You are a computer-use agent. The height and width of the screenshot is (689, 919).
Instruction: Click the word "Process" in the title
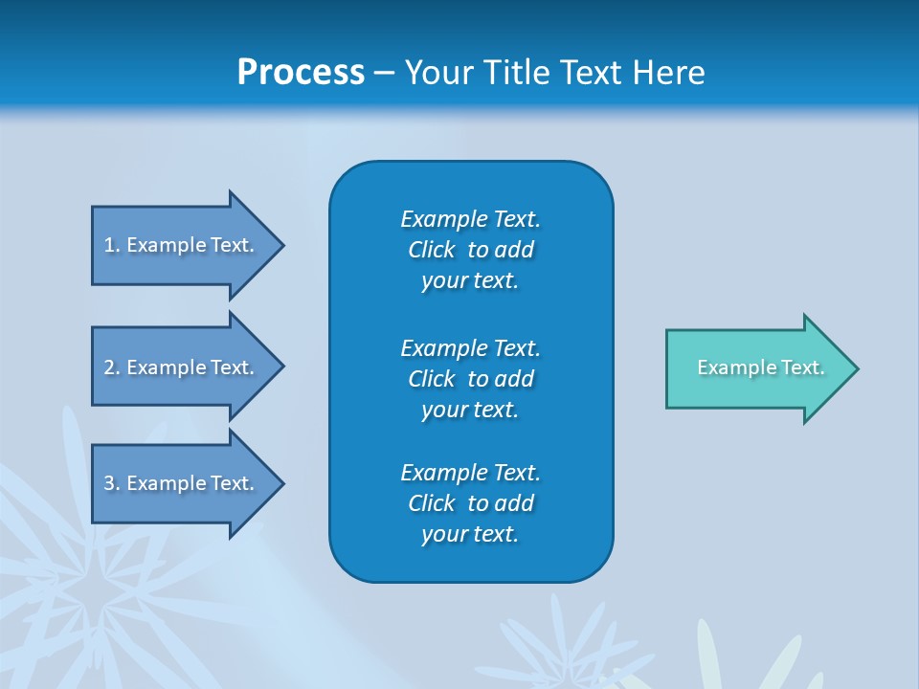click(301, 73)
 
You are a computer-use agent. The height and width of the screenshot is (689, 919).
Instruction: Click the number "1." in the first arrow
click(112, 245)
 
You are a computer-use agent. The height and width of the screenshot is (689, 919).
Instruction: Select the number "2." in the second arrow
click(112, 367)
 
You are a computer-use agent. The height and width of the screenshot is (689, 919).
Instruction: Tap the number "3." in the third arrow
click(112, 483)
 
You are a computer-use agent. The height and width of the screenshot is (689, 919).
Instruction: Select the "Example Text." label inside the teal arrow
click(760, 367)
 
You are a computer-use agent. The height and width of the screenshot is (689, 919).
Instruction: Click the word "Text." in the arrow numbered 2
click(232, 367)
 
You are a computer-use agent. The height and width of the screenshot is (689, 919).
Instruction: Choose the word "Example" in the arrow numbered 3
click(166, 483)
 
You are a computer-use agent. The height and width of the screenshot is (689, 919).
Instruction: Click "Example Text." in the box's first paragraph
click(470, 219)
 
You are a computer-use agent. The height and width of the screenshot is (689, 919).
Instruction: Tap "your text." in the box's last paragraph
click(470, 534)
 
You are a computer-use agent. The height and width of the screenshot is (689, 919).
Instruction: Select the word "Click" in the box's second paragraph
click(431, 379)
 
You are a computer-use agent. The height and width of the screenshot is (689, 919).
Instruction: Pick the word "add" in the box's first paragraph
click(515, 250)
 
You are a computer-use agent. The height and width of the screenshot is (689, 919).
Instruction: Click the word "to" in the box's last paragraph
click(479, 503)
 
